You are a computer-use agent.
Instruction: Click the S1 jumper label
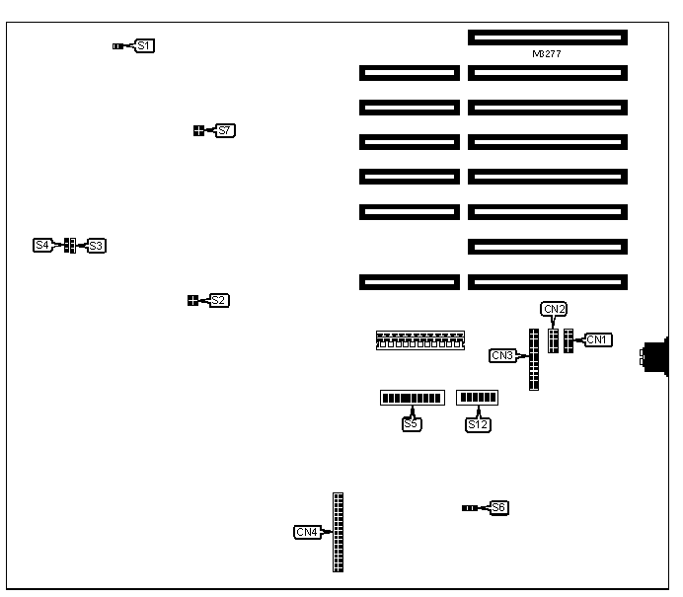pyautogui.click(x=145, y=45)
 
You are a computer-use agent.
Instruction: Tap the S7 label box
pyautogui.click(x=225, y=130)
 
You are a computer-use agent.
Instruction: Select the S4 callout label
pyautogui.click(x=42, y=245)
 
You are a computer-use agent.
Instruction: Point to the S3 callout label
pyautogui.click(x=96, y=245)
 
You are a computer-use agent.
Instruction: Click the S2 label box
pyautogui.click(x=219, y=300)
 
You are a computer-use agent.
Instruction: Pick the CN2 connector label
pyautogui.click(x=555, y=309)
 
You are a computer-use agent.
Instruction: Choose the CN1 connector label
pyautogui.click(x=598, y=339)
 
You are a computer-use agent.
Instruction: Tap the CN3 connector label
pyautogui.click(x=502, y=355)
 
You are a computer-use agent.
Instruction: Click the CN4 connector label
pyautogui.click(x=307, y=533)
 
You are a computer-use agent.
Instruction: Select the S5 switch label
pyautogui.click(x=412, y=424)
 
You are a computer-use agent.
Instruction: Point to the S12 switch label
pyautogui.click(x=479, y=424)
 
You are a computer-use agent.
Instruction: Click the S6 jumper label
pyautogui.click(x=498, y=507)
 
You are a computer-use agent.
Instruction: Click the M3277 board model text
pyautogui.click(x=546, y=54)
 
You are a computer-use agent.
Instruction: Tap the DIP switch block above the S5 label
pyautogui.click(x=412, y=398)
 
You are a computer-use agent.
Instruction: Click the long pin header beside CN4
pyautogui.click(x=339, y=533)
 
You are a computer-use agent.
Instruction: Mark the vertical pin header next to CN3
pyautogui.click(x=534, y=360)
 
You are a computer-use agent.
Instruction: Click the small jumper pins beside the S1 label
pyautogui.click(x=118, y=45)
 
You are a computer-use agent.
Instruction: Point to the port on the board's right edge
pyautogui.click(x=653, y=356)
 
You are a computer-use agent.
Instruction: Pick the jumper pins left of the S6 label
pyautogui.click(x=470, y=507)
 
